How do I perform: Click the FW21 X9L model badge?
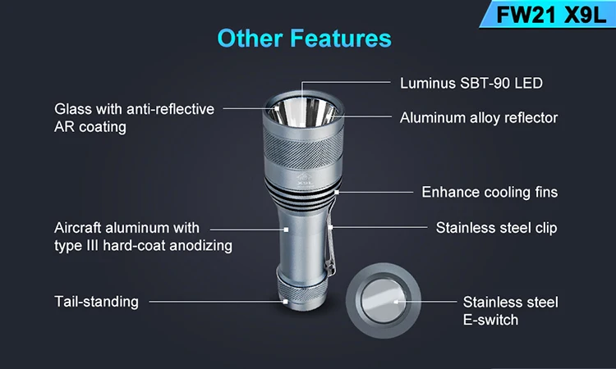pos(548,14)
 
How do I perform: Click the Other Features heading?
pos(305,39)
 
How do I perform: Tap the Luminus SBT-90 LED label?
pos(471,83)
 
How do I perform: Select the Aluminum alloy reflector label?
pos(479,117)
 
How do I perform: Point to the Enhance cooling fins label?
pos(490,192)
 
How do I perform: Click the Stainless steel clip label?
pos(497,228)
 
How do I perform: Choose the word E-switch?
pos(490,320)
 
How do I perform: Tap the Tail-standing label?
pos(96,302)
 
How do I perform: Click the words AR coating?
pos(90,127)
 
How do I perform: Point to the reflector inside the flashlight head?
pos(303,112)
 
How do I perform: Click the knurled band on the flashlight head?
pos(303,148)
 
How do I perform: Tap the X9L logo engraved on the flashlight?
pos(305,180)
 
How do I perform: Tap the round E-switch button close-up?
pos(384,301)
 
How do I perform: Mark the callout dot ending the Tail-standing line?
pos(286,302)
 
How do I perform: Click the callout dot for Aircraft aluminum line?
pos(286,230)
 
